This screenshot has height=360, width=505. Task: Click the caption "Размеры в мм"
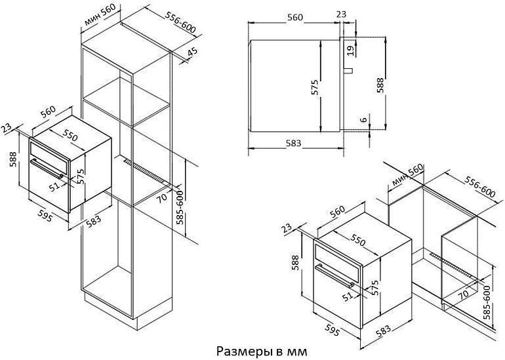tap(262, 351)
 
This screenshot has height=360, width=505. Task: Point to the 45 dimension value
tap(192, 52)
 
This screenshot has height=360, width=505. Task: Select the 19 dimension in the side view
tap(351, 49)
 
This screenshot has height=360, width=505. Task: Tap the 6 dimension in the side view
tap(364, 120)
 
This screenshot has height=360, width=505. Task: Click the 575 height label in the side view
tap(315, 87)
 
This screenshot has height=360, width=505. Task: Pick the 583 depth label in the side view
tap(293, 143)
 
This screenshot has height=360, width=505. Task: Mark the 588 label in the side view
tap(380, 85)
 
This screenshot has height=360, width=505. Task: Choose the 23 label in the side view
tap(341, 14)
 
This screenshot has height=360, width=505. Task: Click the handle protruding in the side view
tap(349, 71)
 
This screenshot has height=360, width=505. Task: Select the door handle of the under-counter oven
tap(334, 276)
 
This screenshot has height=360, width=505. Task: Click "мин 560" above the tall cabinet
tap(99, 16)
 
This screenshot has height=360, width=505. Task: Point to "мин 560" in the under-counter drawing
tap(407, 177)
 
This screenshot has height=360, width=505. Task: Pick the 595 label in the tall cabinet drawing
tap(45, 216)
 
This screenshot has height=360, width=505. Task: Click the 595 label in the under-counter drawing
tap(332, 330)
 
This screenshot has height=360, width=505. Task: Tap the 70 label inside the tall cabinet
tap(162, 197)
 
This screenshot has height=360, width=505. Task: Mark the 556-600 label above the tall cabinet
tap(180, 22)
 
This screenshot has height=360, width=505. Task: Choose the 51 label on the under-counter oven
tap(348, 296)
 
